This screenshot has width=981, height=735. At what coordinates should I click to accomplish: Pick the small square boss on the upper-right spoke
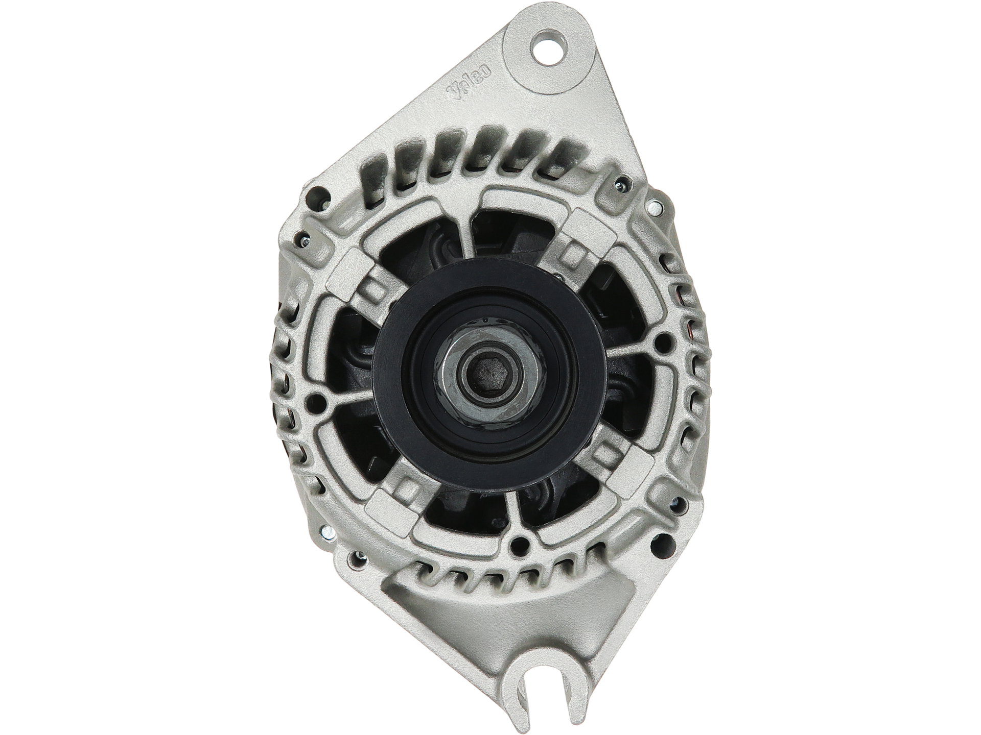(x=576, y=251)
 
